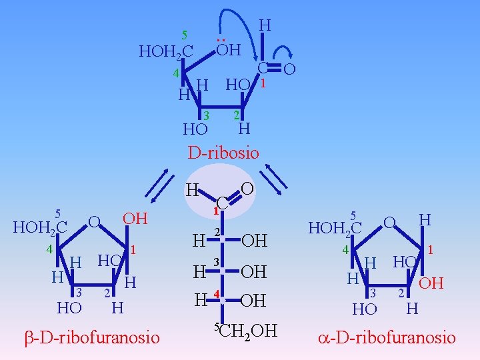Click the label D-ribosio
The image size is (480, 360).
223,152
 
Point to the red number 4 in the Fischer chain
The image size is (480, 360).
216,295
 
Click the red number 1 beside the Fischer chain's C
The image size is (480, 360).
215,211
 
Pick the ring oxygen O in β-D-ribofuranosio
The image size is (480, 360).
95,221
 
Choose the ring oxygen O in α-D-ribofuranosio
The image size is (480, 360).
390,221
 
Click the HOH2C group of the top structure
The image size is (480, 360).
165,51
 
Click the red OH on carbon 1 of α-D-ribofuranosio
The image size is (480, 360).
431,283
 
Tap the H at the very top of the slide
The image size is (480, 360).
265,25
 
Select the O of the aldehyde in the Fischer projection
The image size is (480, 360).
247,189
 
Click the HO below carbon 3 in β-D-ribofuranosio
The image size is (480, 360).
69,308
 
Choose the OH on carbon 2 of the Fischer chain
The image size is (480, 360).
253,240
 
